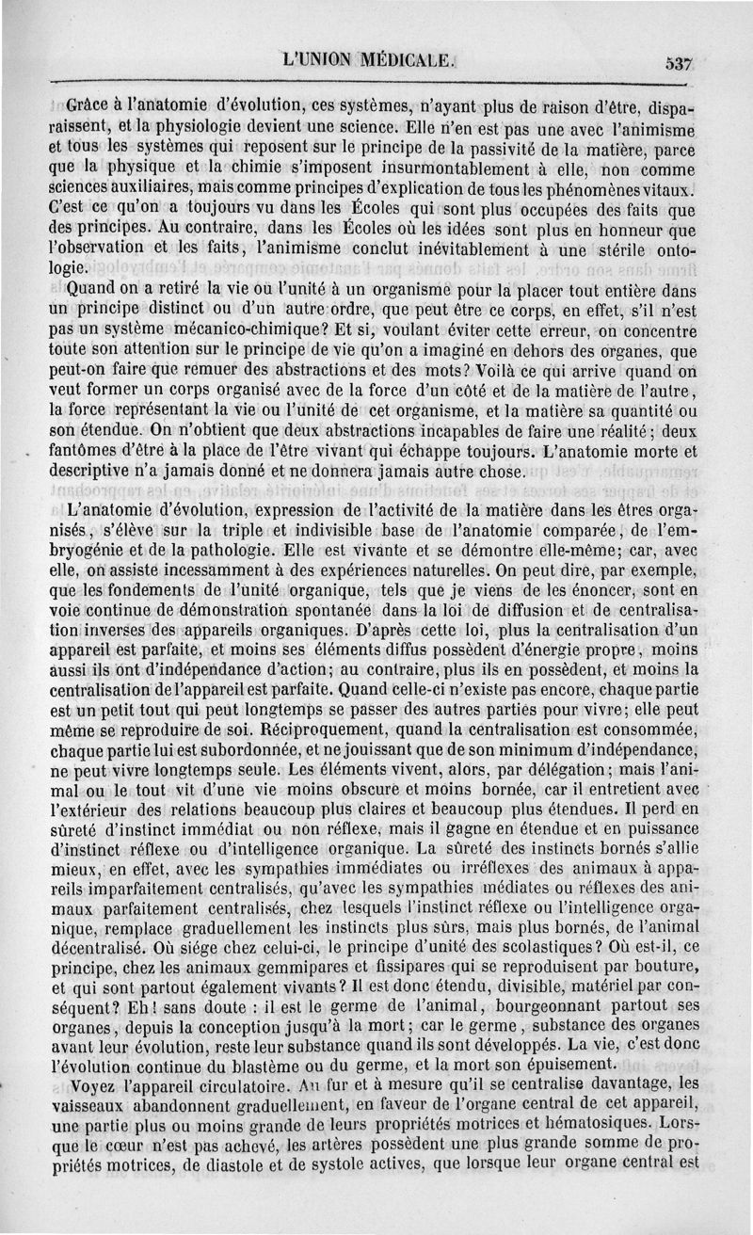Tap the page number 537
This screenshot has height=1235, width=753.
678,63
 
